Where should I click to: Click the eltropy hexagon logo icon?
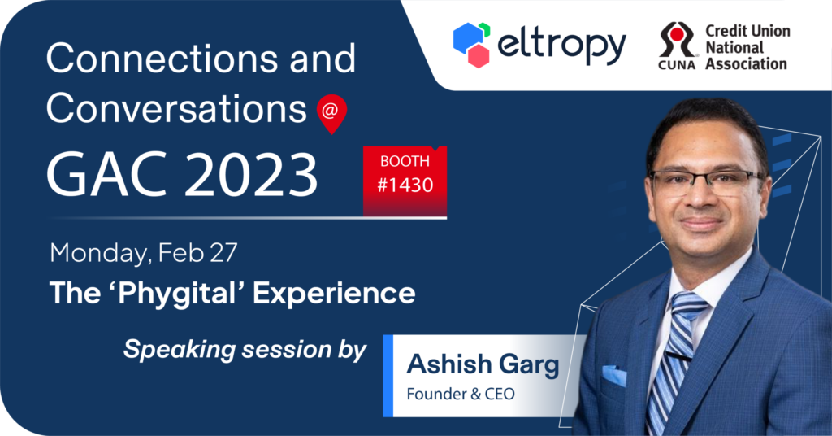pos(471,45)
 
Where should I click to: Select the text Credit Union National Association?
pos(747,47)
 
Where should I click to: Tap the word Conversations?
pos(176,108)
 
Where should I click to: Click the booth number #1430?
pos(405,185)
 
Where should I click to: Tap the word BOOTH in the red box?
pos(405,161)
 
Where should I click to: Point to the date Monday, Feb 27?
pos(143,253)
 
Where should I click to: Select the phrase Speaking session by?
pos(245,350)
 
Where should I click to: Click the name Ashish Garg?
pos(483,365)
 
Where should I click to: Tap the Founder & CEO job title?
pos(461,394)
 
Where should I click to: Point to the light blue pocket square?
pos(614,375)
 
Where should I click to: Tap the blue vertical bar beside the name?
pos(388,376)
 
